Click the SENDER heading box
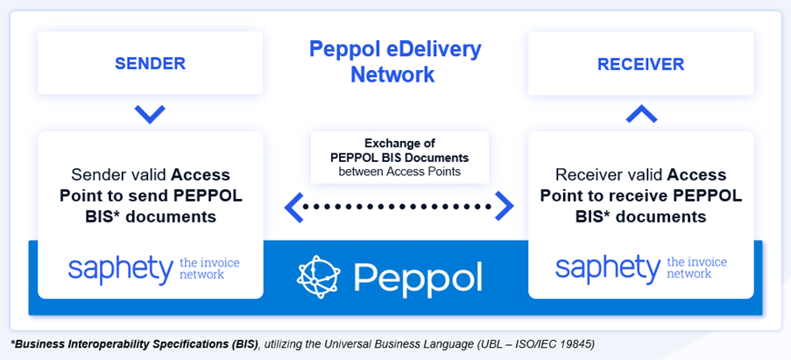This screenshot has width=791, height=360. coord(150,64)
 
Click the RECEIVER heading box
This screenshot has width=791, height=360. coord(640,64)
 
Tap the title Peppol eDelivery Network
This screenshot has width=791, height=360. coord(394,61)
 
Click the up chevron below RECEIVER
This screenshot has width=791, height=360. coord(640,113)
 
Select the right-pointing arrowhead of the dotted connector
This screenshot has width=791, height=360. coord(505,207)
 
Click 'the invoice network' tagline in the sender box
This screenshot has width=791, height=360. coord(208,268)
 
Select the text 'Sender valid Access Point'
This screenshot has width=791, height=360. coord(150,184)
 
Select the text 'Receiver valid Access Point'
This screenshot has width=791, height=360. coord(640,184)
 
